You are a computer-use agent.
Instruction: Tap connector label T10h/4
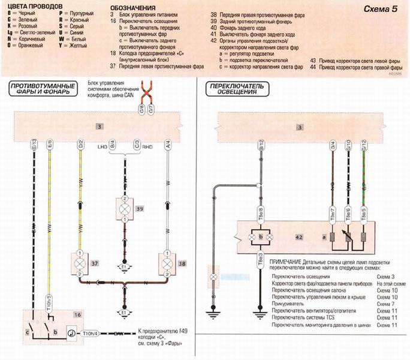click(91, 332)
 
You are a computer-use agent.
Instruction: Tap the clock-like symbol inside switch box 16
click(70, 332)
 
